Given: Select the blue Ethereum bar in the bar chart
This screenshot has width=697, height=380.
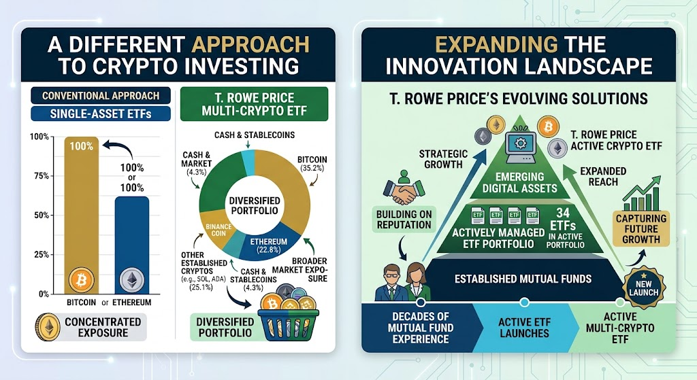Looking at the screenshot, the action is point(132,245).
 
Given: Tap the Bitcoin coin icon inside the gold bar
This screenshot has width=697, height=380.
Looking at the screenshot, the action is point(82,280).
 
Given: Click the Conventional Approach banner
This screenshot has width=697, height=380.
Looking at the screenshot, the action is point(101,95).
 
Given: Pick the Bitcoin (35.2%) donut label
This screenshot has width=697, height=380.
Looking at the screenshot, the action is point(312,164).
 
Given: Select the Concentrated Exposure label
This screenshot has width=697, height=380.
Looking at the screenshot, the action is point(103,327).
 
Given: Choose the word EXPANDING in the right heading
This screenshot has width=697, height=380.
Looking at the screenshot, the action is point(496,44).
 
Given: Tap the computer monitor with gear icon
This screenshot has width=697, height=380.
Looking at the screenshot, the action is point(521,143).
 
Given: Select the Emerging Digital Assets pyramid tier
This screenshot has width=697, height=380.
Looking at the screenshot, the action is point(519,182).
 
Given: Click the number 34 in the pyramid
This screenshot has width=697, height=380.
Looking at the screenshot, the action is point(562,213).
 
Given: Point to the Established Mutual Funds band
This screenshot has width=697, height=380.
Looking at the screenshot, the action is point(523,279).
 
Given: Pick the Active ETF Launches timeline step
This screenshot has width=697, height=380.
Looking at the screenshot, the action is point(524,328).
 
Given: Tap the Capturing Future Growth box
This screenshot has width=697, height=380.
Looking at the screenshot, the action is point(641,228).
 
